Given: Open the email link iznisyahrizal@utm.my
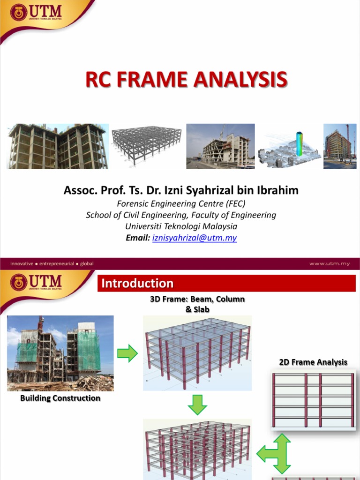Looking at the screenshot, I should point(195,238).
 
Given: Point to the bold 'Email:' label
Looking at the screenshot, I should point(138,238).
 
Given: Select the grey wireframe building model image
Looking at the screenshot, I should point(146,145).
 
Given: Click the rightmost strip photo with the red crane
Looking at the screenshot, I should point(340,146).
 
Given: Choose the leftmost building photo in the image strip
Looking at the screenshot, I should point(58,146).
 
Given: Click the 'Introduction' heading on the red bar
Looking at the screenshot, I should point(137,283).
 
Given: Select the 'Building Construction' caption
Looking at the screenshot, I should point(60,398).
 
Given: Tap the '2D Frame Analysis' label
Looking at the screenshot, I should point(313,362).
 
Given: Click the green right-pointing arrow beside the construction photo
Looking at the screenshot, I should point(127,353).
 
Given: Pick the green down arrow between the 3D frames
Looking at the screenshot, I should point(197,405).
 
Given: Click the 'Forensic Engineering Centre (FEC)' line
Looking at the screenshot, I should point(181,203).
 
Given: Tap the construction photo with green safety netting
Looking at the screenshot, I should point(60,352).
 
